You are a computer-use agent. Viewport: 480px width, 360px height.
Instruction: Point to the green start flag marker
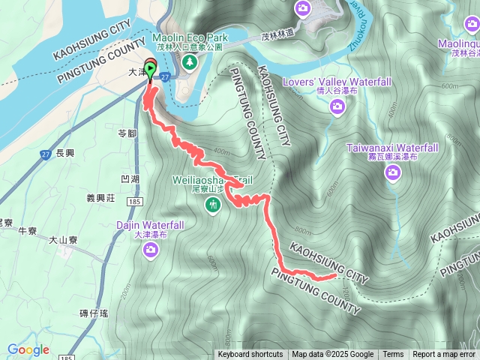150,73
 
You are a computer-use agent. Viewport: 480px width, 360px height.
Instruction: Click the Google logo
28,349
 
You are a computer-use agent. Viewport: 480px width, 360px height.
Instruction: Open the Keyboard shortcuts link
250,355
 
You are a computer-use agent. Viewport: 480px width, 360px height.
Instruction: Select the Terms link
393,355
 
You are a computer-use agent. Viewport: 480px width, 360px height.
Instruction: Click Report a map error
445,355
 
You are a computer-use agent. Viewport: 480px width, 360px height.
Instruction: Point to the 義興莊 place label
100,199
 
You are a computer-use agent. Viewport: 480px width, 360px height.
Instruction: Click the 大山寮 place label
63,241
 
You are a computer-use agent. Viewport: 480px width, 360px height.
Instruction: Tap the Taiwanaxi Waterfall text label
392,148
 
